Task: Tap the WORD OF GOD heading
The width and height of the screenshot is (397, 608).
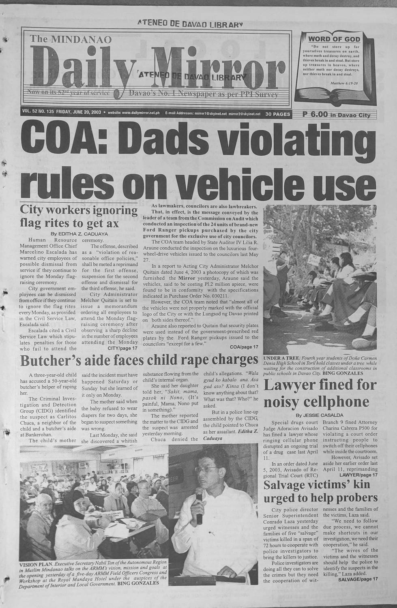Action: tap(334, 39)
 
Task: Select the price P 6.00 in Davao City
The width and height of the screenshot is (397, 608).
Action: tap(337, 115)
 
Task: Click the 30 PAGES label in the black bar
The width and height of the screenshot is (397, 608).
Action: tap(278, 114)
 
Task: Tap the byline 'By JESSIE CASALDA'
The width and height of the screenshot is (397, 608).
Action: tap(320, 415)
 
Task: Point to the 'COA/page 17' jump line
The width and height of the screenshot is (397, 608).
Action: tap(244, 347)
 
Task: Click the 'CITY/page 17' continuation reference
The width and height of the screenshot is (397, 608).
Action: tap(122, 348)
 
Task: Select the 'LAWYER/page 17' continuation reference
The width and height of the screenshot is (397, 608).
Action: tap(358, 474)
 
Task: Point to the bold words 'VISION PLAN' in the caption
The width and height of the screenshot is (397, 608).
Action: tap(36, 564)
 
